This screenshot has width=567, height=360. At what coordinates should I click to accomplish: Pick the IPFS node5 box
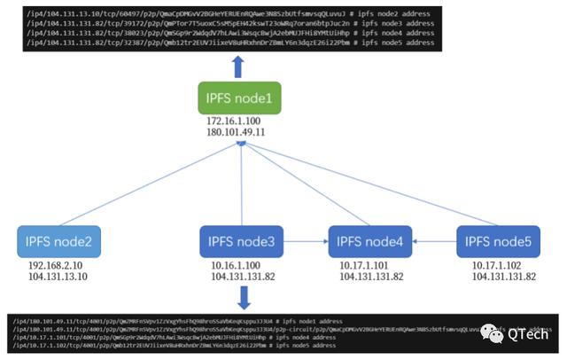pos(498,241)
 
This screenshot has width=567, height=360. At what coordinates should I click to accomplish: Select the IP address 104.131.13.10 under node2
pos(58,276)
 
